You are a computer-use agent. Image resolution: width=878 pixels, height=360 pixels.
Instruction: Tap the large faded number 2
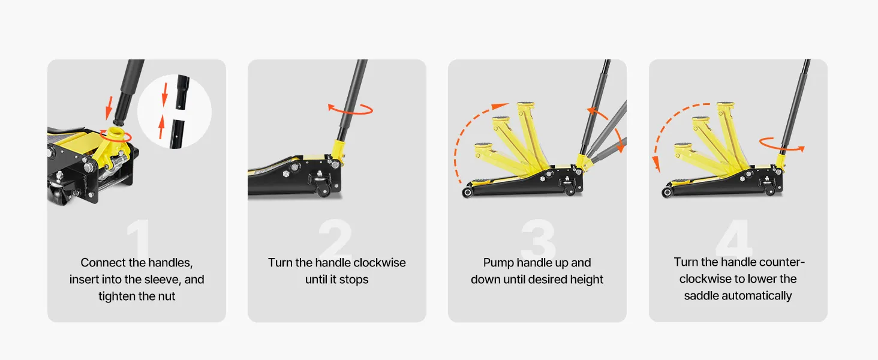[336, 237]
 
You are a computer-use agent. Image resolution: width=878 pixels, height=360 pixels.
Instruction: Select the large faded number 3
[538, 238]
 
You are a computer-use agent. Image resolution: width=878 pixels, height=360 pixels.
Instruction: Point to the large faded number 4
[734, 238]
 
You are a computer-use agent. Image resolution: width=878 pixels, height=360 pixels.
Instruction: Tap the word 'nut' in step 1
[166, 296]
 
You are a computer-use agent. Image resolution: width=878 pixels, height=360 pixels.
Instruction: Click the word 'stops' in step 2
[354, 280]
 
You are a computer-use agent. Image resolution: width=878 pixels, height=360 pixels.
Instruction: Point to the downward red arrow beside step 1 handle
[109, 108]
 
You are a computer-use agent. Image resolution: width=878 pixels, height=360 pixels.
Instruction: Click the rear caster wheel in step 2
[324, 190]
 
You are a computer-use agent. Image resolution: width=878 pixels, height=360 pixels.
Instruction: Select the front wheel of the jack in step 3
[467, 192]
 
